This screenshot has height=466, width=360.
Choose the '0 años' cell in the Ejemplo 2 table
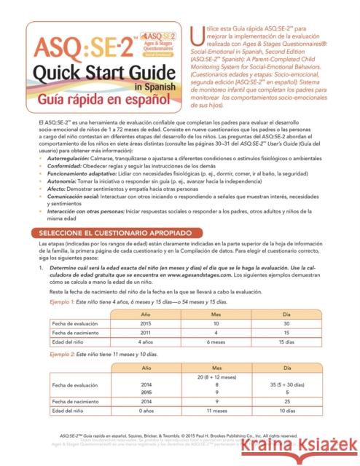pyautogui.click(x=144, y=411)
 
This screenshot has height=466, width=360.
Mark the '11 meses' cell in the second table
pyautogui.click(x=217, y=411)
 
